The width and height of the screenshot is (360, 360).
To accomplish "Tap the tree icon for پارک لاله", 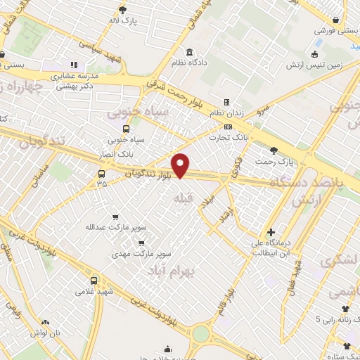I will point(124,9).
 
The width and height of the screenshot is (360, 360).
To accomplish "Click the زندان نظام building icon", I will point(226,102).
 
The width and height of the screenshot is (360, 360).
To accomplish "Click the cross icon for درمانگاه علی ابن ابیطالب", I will point(271,233).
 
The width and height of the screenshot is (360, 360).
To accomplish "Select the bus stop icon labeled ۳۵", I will point(102,174).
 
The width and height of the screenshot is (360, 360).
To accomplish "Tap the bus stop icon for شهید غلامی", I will point(94,281).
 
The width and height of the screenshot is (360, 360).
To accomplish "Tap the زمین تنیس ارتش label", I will point(313,65).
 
